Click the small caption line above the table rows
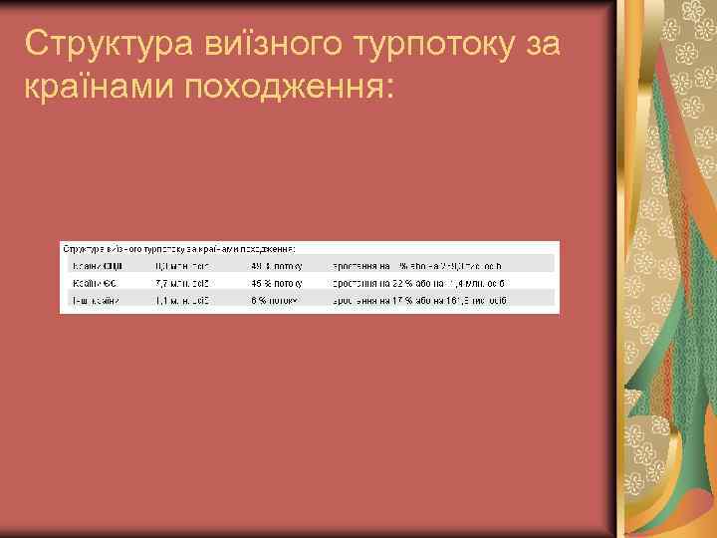tap(179, 247)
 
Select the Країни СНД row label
tap(96, 265)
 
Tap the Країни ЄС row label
tap(93, 282)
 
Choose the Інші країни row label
tap(94, 299)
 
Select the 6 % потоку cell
tap(273, 299)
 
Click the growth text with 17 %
tap(425, 299)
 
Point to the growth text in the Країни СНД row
tap(418, 265)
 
